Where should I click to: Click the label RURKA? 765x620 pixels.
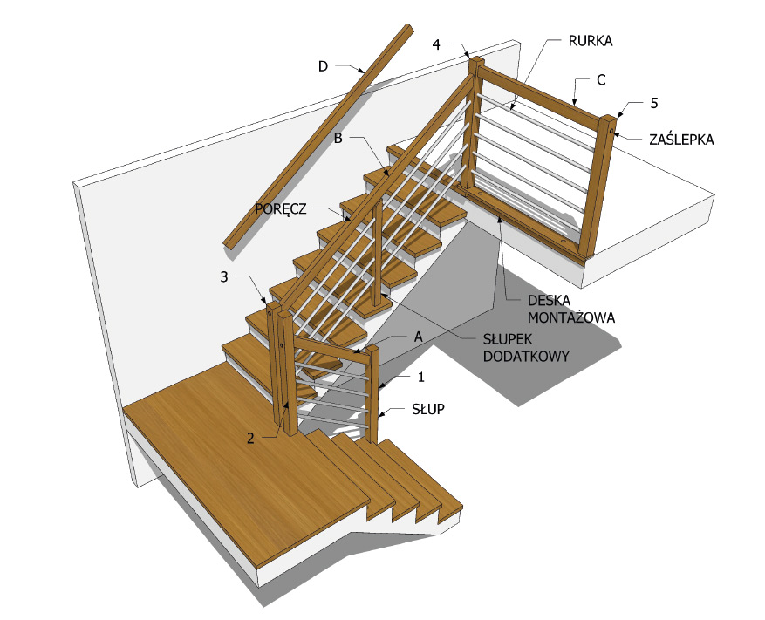[590, 41]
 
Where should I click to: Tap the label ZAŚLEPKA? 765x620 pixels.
[681, 140]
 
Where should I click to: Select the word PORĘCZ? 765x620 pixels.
[281, 209]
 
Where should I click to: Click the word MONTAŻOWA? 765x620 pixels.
[570, 318]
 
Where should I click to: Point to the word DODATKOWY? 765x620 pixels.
[526, 356]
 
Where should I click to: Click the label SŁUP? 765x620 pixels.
[428, 409]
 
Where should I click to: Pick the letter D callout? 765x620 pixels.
[323, 66]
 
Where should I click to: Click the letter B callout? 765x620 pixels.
[338, 139]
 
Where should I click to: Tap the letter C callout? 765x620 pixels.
[601, 80]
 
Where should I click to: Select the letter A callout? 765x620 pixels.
[418, 337]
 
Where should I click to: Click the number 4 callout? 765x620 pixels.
[435, 44]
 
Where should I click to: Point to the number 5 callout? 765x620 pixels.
[654, 104]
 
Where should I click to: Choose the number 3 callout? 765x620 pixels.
[224, 277]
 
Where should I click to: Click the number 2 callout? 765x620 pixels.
[250, 439]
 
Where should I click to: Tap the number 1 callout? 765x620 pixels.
[421, 377]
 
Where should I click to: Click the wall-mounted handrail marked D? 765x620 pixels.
[318, 137]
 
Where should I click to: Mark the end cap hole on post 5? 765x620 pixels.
[611, 131]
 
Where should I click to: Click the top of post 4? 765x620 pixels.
[476, 60]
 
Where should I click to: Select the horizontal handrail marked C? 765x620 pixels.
[538, 93]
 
